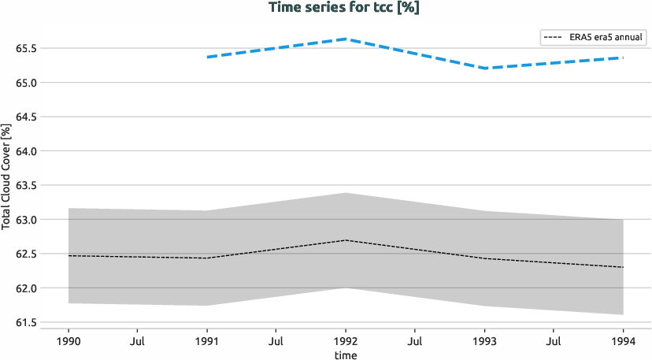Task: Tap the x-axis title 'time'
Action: coord(345,355)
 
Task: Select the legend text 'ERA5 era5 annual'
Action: coord(606,37)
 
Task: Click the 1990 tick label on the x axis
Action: coord(69,342)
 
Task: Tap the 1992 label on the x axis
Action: coord(346,342)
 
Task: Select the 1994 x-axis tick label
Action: coord(623,342)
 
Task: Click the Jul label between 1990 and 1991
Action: coord(138,342)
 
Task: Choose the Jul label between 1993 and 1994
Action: coord(554,342)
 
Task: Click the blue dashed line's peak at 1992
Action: coord(346,39)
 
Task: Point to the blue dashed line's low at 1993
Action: coord(484,69)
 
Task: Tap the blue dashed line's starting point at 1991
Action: coord(207,57)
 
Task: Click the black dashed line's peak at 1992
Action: coord(346,239)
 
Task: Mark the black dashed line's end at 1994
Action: coord(623,267)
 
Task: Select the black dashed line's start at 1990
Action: coord(69,255)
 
